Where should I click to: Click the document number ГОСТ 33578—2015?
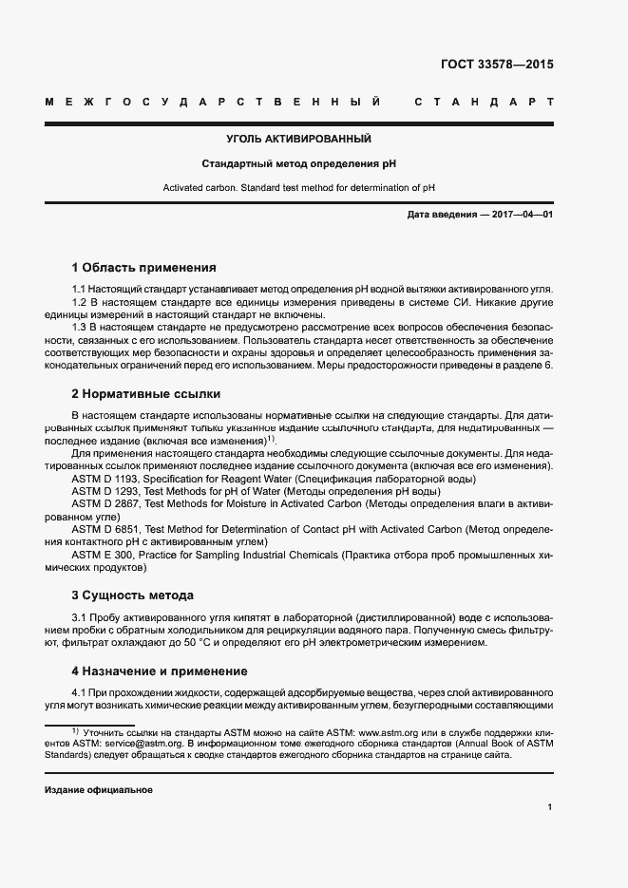pos(497,66)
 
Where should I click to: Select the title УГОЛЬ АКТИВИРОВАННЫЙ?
pos(298,140)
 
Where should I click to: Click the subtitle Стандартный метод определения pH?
pos(298,163)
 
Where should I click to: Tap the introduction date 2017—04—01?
pos(522,216)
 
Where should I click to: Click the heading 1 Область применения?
pos(144,268)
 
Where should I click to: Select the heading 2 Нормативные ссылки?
pos(144,393)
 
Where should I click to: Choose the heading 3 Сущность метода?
pos(133,595)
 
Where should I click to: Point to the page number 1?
pos(550,807)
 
